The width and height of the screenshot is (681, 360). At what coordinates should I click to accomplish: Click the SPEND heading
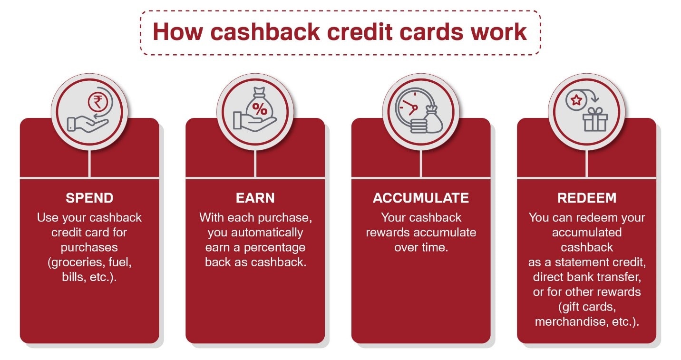coord(89,198)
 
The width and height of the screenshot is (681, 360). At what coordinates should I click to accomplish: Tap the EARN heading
coord(255,198)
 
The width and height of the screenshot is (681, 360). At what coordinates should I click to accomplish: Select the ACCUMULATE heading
coord(421,198)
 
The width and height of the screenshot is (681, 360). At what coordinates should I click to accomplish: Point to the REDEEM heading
coord(586,198)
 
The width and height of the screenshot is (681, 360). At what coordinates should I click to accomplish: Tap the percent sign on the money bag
coord(259,108)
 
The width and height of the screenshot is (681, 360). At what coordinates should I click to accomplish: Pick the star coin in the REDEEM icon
coord(576,100)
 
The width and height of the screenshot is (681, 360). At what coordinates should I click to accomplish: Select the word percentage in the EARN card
coord(279,247)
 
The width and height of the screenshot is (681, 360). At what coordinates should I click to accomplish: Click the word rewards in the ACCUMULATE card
coord(387,233)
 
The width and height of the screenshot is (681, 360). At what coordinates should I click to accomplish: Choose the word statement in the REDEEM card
coord(580,262)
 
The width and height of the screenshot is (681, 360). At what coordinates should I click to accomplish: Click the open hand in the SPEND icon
coord(86,123)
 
